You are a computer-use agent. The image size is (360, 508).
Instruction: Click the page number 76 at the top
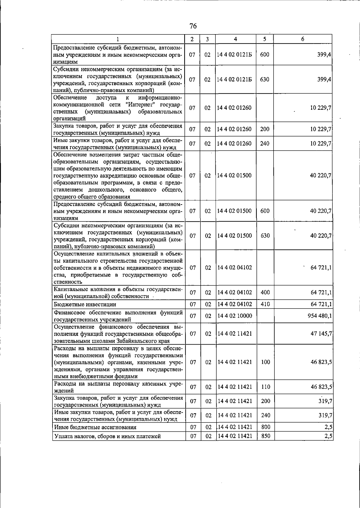pyautogui.click(x=193, y=26)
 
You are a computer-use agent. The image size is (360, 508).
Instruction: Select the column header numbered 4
pyautogui.click(x=235, y=39)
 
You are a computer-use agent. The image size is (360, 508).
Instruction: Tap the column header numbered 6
pyautogui.click(x=303, y=39)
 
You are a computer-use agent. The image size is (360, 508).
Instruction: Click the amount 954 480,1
pyautogui.click(x=317, y=316)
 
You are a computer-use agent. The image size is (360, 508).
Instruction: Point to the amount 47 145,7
pyautogui.click(x=321, y=333)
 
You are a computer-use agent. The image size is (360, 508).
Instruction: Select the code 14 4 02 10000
pyautogui.click(x=234, y=316)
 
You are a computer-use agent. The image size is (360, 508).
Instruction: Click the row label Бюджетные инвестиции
pyautogui.click(x=85, y=304)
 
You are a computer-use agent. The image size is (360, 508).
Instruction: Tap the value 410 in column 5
pyautogui.click(x=265, y=304)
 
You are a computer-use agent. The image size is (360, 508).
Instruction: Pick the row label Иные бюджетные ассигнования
pyautogui.click(x=95, y=427)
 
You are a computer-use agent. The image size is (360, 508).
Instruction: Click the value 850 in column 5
pyautogui.click(x=265, y=436)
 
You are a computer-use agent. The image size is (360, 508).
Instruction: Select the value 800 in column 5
pyautogui.click(x=265, y=427)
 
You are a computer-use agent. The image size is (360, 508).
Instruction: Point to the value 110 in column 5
pyautogui.click(x=265, y=387)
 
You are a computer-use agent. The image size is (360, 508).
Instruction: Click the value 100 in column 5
pyautogui.click(x=265, y=362)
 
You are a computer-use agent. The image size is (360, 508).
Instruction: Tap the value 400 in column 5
pyautogui.click(x=265, y=292)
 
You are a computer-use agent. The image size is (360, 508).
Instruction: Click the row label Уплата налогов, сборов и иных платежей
pyautogui.click(x=107, y=436)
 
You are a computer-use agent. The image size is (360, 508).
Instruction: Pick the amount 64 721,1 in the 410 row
pyautogui.click(x=321, y=304)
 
